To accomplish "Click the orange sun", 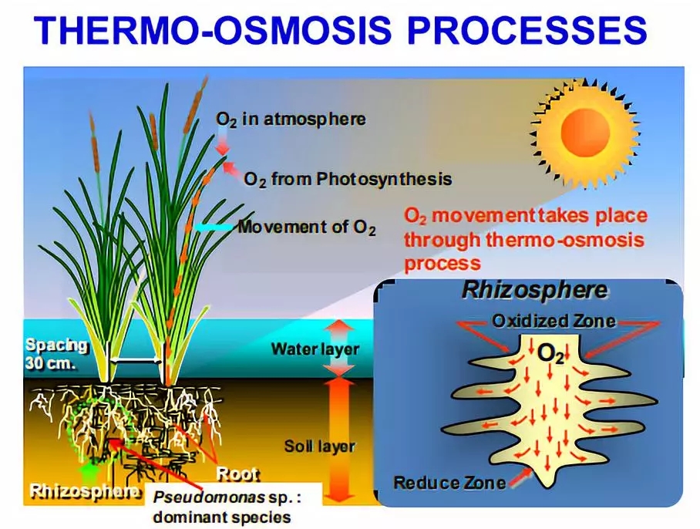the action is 585,133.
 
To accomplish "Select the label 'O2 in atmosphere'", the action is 291,120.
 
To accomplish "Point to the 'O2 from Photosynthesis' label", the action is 348,180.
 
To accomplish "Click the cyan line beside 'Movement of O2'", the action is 214,227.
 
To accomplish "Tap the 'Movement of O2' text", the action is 307,227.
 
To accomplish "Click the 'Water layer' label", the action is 315,349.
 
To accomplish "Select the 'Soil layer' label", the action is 320,446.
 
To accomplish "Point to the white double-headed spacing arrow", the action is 136,360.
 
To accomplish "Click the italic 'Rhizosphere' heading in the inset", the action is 534,290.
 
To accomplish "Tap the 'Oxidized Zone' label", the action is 554,321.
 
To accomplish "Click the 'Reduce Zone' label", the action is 449,483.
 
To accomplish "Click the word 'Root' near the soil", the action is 237,473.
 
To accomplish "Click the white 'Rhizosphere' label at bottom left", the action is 84,491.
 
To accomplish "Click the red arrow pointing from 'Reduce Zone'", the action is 520,476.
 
